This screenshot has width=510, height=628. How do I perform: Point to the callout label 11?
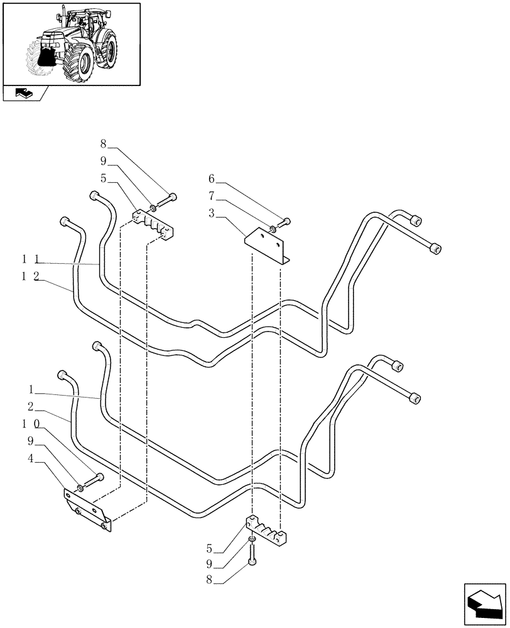[31, 259]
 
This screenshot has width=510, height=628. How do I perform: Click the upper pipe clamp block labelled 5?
[153, 225]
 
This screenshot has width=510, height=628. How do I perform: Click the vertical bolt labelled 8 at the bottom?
[252, 555]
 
